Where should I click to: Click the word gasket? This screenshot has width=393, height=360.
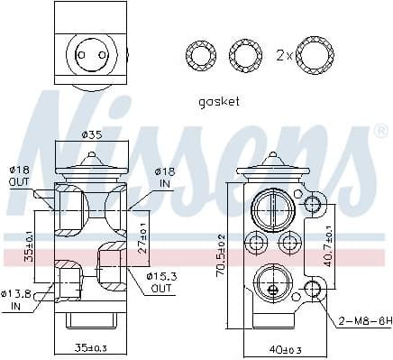218,101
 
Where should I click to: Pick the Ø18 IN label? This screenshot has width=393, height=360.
164,175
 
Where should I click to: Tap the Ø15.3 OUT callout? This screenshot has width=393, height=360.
160,281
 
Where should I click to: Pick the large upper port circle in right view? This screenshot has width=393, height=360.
270,211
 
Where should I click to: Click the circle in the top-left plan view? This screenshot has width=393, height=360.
88,53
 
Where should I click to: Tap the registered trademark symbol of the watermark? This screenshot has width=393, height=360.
381,132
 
